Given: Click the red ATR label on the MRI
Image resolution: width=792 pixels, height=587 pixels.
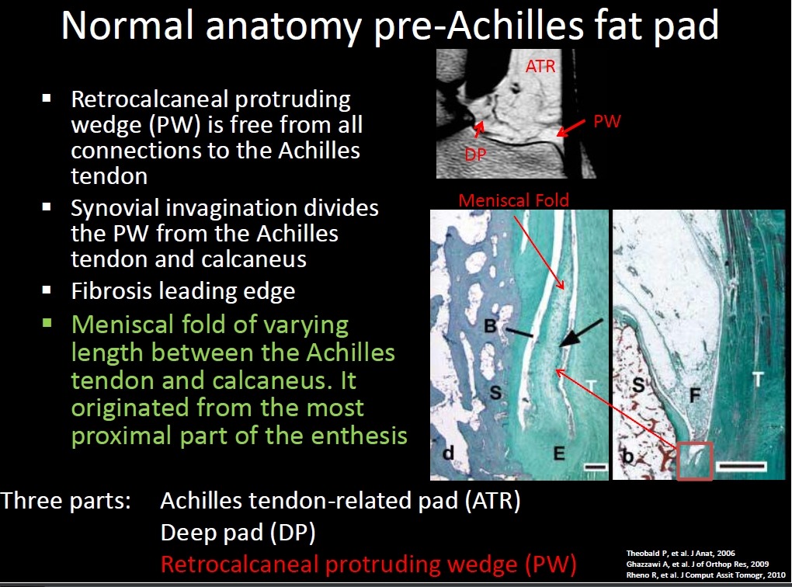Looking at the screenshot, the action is [540, 66].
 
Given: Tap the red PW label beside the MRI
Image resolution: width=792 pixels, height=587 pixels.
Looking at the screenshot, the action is [606, 121].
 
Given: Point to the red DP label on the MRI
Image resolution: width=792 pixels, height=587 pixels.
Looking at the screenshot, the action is [475, 155].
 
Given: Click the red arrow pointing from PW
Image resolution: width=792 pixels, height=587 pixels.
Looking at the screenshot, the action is [571, 128].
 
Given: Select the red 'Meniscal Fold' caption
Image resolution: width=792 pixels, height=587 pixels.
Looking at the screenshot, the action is [514, 200].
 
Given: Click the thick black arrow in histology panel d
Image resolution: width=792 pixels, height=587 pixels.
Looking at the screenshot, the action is [581, 333].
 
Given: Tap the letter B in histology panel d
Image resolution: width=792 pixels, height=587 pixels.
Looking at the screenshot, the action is [490, 326].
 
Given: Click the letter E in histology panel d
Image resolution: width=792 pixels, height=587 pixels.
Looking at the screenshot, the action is [558, 453].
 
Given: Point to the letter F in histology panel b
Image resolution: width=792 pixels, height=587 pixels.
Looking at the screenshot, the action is [695, 394].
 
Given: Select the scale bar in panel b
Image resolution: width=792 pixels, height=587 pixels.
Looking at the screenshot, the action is [742, 466].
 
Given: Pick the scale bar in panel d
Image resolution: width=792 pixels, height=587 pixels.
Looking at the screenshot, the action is [595, 467].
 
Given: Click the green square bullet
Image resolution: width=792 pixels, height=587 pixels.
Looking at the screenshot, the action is [47, 323].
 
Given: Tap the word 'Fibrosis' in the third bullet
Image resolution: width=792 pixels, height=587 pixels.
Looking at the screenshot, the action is [112, 291].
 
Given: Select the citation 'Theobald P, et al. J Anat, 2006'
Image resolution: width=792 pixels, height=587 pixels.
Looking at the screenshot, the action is [680, 553].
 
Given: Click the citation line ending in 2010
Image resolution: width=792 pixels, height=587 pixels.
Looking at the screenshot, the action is [706, 575].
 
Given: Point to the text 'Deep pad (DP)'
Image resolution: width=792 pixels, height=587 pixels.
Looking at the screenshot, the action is [238, 533].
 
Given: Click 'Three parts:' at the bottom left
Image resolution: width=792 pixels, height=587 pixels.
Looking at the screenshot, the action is [66, 501].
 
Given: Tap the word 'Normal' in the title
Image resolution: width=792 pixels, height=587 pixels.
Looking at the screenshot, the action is [127, 26].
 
